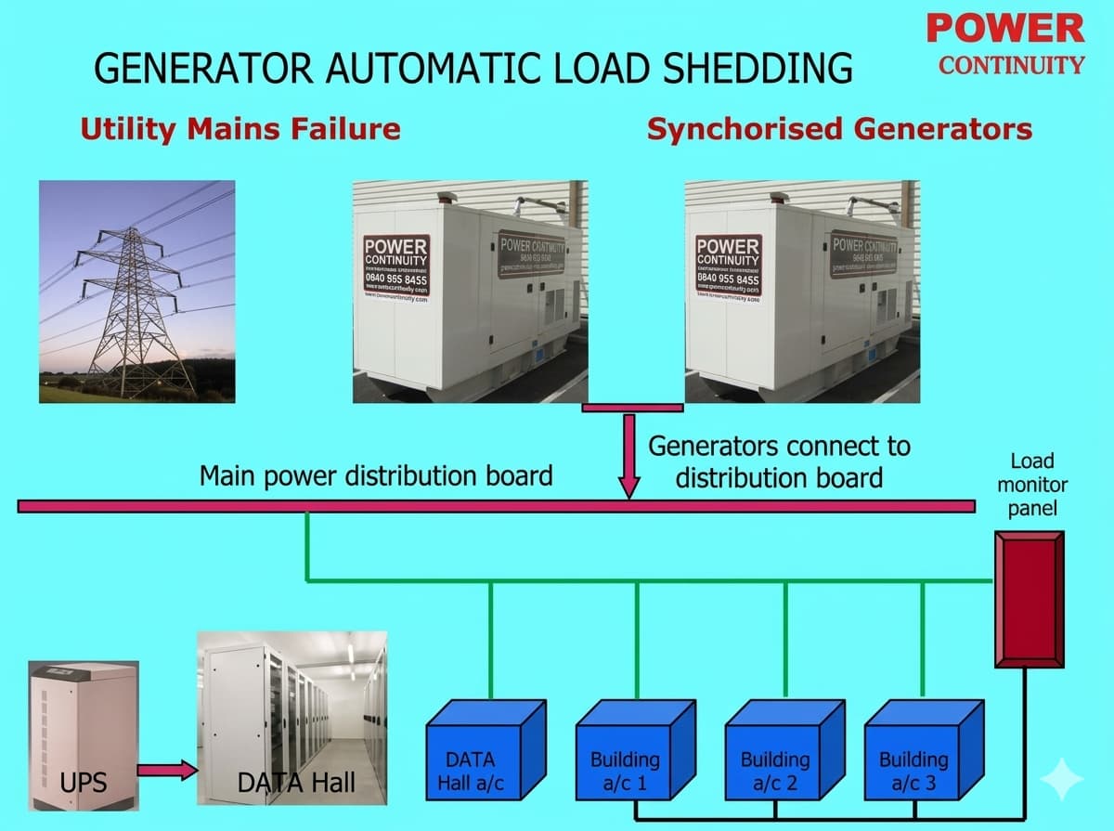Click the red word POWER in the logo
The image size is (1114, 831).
tap(1005, 28)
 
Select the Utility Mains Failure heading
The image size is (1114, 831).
tap(240, 128)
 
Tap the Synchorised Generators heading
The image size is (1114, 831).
tap(839, 128)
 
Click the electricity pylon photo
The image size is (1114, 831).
tap(137, 292)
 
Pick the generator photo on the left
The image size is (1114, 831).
tap(470, 292)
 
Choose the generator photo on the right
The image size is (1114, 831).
tap(802, 292)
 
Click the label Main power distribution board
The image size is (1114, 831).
tap(376, 476)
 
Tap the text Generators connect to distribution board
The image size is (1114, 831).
tap(779, 461)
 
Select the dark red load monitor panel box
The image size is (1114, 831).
tap(1028, 599)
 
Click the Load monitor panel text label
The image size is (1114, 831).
tap(1032, 485)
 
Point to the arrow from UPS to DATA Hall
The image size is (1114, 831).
tap(167, 770)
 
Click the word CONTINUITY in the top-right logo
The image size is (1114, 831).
tap(1011, 65)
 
